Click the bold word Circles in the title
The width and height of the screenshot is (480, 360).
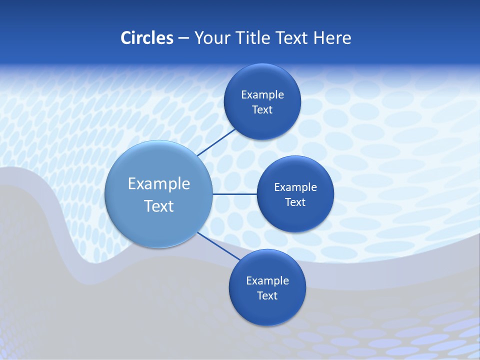pos(146,38)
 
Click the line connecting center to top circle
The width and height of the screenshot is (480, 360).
pos(216,142)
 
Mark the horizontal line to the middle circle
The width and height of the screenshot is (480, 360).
pos(234,193)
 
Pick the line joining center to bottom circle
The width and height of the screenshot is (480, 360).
pos(218,246)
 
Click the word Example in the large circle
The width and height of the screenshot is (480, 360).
pos(159,184)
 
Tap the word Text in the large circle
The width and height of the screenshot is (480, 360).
pos(159,206)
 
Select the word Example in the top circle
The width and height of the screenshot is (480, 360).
pos(262,95)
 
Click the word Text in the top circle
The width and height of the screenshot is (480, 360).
pos(262,110)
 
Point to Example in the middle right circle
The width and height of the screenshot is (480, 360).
pos(295,187)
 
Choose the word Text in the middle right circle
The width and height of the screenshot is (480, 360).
pos(295,202)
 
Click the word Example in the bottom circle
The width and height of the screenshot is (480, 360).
pos(267,281)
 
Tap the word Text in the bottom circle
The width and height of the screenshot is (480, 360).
pos(267,296)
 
